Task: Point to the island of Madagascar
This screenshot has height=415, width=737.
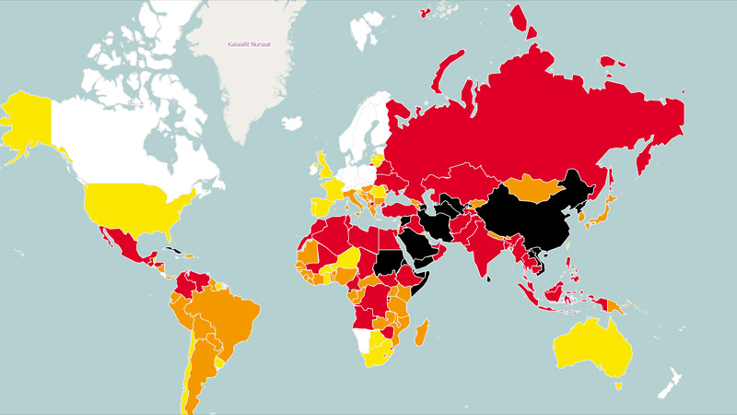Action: (423, 331)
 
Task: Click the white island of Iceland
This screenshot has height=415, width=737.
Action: (293, 123)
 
